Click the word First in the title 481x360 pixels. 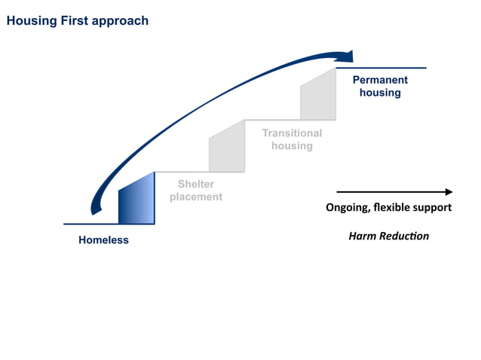tap(69, 21)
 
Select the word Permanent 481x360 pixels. tap(380, 80)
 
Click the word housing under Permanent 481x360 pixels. tap(380, 93)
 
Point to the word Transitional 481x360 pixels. tap(292, 133)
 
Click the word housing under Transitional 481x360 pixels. tap(292, 145)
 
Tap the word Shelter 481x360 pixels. tap(196, 185)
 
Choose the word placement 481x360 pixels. tap(196, 197)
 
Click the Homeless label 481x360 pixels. tap(103, 240)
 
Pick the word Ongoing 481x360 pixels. tap(348, 208)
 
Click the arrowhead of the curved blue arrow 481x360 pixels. tap(348, 56)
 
